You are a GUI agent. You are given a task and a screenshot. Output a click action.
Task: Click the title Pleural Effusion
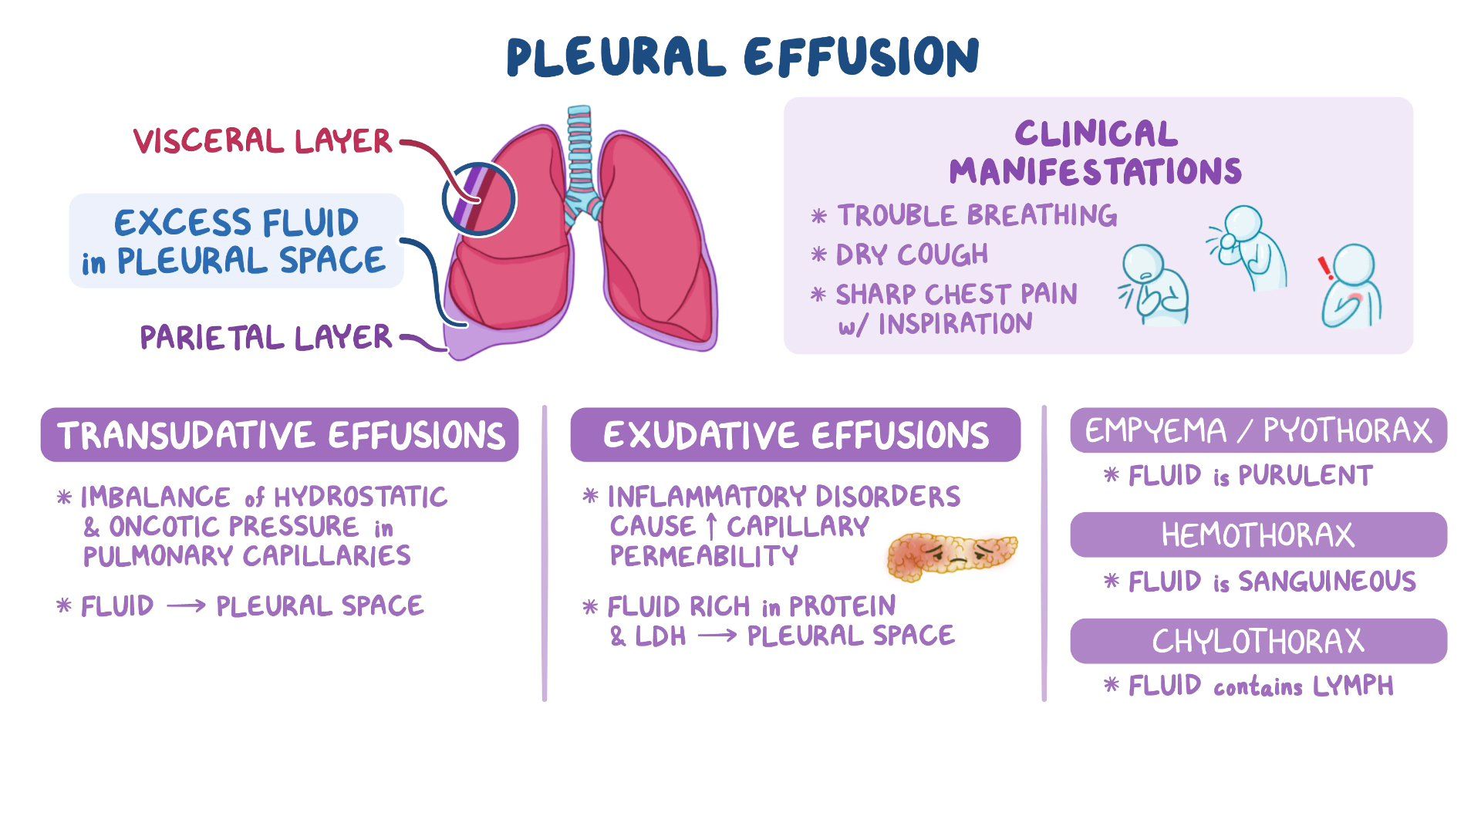[x=742, y=57]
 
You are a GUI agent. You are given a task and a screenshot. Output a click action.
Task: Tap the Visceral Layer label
[x=263, y=141]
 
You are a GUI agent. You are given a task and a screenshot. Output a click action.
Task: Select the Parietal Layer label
[x=266, y=338]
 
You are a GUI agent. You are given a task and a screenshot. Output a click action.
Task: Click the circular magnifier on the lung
[x=478, y=199]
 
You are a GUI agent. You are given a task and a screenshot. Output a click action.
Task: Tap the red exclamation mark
[x=1325, y=268]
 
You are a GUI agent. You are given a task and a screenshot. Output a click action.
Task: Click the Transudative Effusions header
[x=280, y=435]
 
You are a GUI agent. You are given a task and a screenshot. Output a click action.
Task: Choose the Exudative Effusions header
[x=795, y=435]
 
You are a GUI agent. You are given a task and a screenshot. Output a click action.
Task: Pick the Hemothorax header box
[x=1258, y=535]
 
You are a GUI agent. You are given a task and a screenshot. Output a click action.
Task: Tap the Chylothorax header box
[x=1258, y=641]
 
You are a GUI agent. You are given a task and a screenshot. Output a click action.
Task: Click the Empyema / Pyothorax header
[x=1258, y=430]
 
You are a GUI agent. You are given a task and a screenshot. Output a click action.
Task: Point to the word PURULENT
[x=1305, y=476]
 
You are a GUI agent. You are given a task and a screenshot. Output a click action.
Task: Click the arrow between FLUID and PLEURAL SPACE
[x=186, y=606]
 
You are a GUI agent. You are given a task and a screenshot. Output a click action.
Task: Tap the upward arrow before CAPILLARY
[x=711, y=526]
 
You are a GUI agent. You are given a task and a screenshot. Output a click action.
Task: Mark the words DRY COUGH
[x=912, y=255]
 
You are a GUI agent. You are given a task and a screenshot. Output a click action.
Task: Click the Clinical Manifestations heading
[x=1096, y=153]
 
